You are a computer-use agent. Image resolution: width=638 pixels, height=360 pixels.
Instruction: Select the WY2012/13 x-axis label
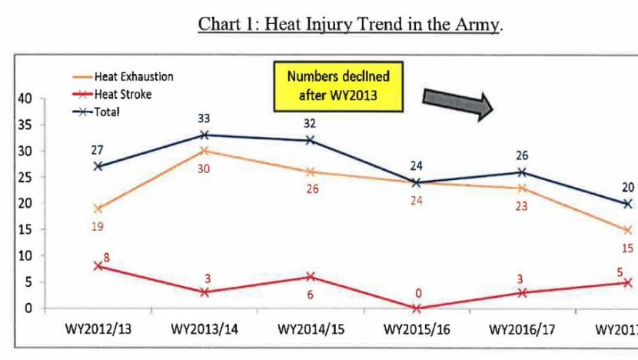(98, 331)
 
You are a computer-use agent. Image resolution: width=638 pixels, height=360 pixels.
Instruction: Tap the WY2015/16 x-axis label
(416, 331)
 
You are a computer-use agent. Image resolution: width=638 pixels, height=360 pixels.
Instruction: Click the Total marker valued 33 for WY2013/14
(204, 135)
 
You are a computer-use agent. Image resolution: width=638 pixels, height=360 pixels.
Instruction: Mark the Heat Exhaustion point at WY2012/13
(98, 208)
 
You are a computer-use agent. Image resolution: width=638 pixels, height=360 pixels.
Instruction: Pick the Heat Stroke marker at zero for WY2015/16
(416, 308)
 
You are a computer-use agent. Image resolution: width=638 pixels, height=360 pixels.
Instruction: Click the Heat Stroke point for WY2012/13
(98, 266)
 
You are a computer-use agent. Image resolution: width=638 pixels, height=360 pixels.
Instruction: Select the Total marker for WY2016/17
(522, 172)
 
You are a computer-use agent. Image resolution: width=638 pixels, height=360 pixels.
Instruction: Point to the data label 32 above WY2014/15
(310, 122)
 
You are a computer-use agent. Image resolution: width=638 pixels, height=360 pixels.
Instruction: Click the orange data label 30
(204, 167)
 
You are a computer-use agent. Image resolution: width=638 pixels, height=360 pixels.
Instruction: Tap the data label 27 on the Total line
(98, 151)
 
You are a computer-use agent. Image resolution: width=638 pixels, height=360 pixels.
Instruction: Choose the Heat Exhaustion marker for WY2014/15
(310, 172)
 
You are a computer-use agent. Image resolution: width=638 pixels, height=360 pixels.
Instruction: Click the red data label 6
(311, 293)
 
